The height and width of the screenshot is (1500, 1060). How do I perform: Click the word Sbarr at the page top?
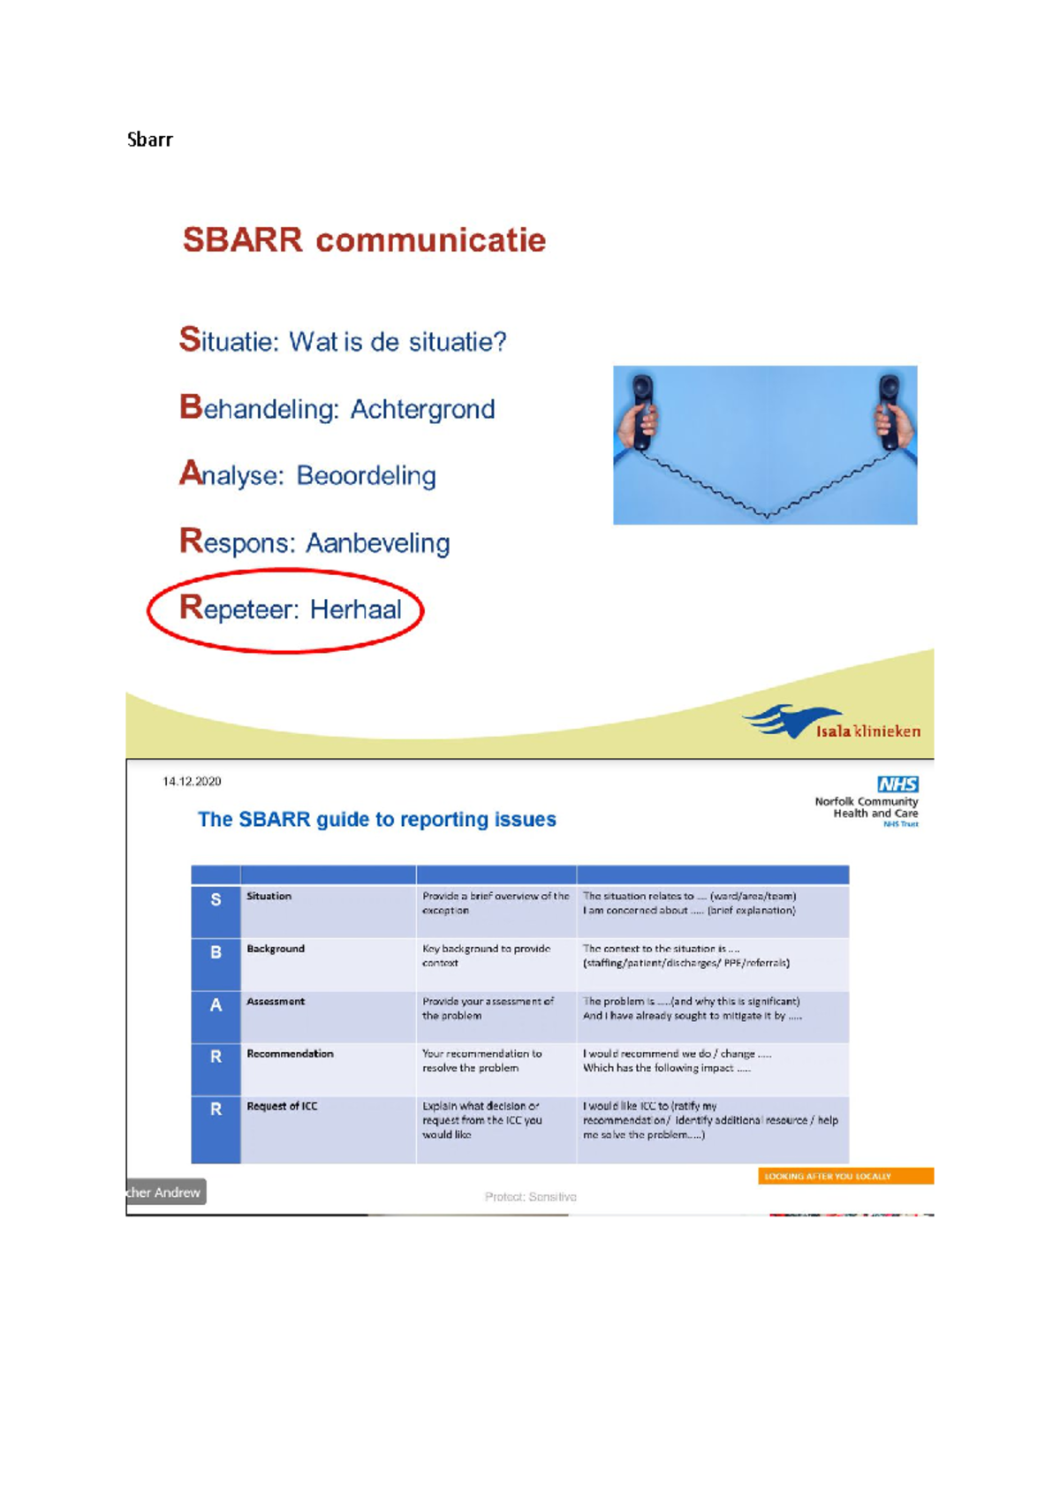pyautogui.click(x=149, y=140)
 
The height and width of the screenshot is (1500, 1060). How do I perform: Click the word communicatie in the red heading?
pyautogui.click(x=431, y=240)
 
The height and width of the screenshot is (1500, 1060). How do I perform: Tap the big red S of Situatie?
pyautogui.click(x=190, y=339)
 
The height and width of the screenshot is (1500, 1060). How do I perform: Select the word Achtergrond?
pyautogui.click(x=422, y=410)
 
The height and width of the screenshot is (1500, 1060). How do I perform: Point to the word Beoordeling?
pyautogui.click(x=366, y=476)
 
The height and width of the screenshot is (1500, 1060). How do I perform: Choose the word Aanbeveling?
pyautogui.click(x=377, y=543)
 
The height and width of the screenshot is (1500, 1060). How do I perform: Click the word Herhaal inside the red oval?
pyautogui.click(x=355, y=610)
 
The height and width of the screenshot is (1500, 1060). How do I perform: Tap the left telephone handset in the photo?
pyautogui.click(x=643, y=412)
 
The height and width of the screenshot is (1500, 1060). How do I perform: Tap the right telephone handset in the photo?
pyautogui.click(x=888, y=412)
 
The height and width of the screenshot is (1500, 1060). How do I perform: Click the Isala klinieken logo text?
pyautogui.click(x=867, y=731)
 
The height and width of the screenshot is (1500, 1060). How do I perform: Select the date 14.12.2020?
pyautogui.click(x=192, y=782)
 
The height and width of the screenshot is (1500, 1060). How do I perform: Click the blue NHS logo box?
pyautogui.click(x=897, y=784)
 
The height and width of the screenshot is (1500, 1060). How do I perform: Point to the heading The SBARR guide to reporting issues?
pyautogui.click(x=376, y=820)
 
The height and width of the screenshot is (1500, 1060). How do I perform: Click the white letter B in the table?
pyautogui.click(x=216, y=952)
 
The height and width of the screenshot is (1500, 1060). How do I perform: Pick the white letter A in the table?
pyautogui.click(x=216, y=1005)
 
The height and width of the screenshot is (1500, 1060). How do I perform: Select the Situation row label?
pyautogui.click(x=269, y=896)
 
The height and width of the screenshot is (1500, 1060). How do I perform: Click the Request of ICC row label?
pyautogui.click(x=282, y=1106)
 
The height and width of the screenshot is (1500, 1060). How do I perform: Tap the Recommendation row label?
pyautogui.click(x=290, y=1054)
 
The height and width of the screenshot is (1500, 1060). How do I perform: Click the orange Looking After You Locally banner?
pyautogui.click(x=845, y=1177)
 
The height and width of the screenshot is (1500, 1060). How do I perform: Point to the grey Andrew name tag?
pyautogui.click(x=165, y=1193)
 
